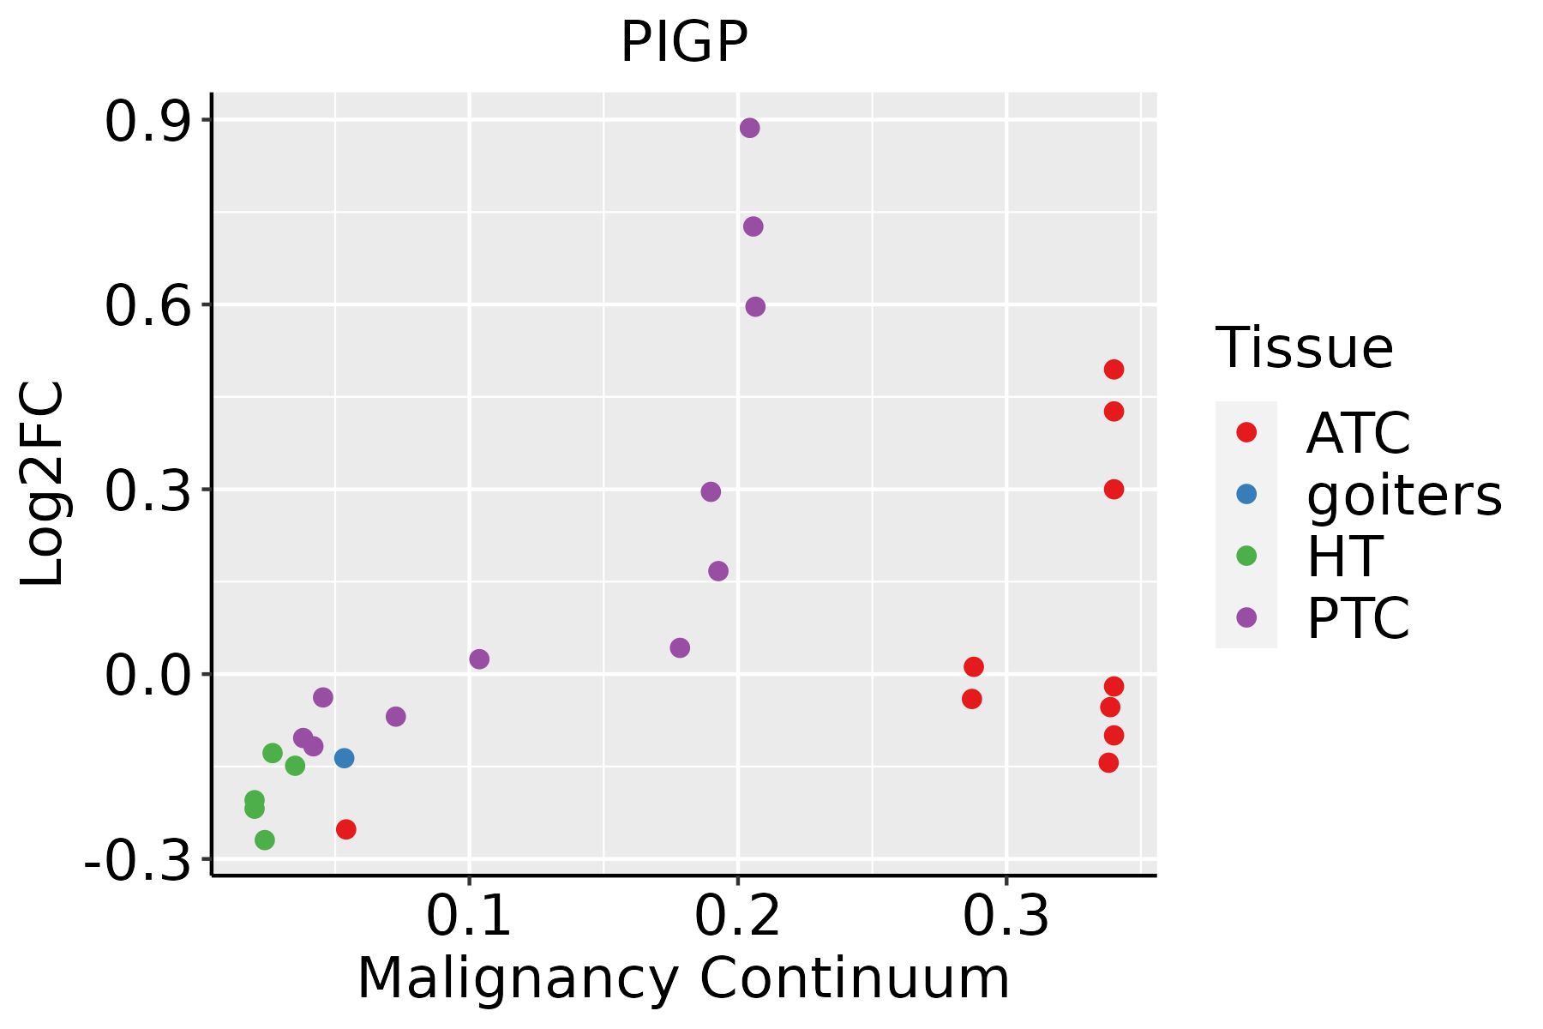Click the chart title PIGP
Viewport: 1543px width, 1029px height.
pyautogui.click(x=684, y=42)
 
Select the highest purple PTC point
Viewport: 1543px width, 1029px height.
pyautogui.click(x=749, y=129)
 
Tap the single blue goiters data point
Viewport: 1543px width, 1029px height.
pyautogui.click(x=344, y=758)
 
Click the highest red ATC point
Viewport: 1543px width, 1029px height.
pyautogui.click(x=1114, y=370)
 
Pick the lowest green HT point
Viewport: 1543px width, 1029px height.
pyautogui.click(x=265, y=840)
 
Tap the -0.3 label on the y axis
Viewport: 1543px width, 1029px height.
pyautogui.click(x=137, y=860)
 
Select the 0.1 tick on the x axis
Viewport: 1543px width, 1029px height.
pyautogui.click(x=468, y=916)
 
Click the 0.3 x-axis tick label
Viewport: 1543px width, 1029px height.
pyautogui.click(x=1006, y=916)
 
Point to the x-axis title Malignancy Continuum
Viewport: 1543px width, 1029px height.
pyautogui.click(x=683, y=978)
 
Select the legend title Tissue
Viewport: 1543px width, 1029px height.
pyautogui.click(x=1305, y=348)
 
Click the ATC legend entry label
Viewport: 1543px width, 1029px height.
pyautogui.click(x=1358, y=433)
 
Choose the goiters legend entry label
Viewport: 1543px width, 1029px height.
pyautogui.click(x=1404, y=495)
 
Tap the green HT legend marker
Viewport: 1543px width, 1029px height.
pyautogui.click(x=1246, y=556)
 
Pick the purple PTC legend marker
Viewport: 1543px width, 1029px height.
pyautogui.click(x=1246, y=617)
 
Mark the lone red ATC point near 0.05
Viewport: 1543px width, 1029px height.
pyautogui.click(x=345, y=829)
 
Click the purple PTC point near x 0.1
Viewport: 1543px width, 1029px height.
pyautogui.click(x=479, y=659)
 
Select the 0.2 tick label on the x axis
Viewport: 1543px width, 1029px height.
pyautogui.click(x=737, y=916)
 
